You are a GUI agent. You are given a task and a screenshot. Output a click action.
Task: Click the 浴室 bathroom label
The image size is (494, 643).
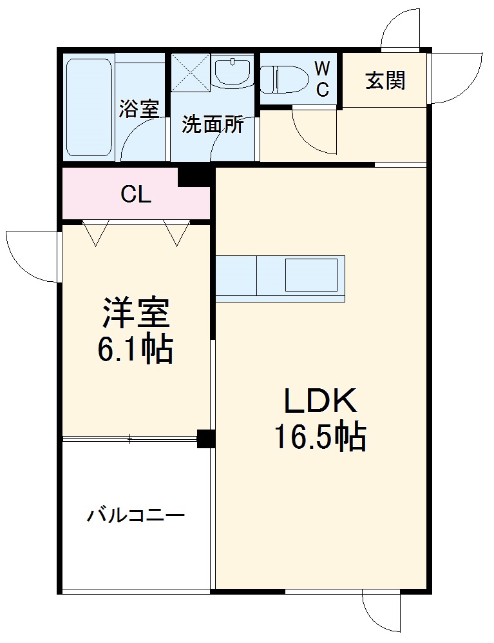click(138, 109)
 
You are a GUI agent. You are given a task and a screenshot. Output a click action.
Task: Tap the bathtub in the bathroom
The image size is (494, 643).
click(89, 108)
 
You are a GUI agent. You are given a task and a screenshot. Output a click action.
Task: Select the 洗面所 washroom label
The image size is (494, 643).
click(213, 124)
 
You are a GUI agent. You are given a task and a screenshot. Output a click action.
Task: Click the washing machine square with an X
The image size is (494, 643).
click(190, 73)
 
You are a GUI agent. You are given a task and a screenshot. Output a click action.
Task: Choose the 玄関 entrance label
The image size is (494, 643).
click(385, 80)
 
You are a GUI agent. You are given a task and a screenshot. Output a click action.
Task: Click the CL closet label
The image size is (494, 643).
click(136, 194)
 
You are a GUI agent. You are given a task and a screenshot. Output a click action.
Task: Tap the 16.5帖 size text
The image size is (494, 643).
click(320, 437)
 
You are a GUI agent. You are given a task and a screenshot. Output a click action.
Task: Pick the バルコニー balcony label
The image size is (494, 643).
click(136, 516)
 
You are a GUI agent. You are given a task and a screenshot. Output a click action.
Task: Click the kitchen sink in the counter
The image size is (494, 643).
click(311, 274)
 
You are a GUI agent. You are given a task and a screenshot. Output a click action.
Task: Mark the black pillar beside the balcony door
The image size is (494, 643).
click(205, 439)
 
